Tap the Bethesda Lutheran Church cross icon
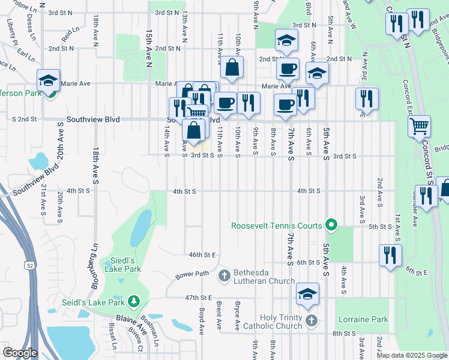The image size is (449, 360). pos(224,275)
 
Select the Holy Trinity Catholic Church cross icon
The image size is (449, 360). pos(310,321)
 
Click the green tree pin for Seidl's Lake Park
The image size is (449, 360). pos(136,300)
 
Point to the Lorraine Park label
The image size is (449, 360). pos(363,320)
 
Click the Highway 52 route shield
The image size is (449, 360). pos(29,265)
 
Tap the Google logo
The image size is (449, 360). pos(19,353)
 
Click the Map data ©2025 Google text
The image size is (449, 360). pos(412,355)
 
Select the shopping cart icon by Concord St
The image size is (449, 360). pos(420,126)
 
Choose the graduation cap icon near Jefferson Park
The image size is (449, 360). pos(49,80)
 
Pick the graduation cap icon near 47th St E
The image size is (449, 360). pos(307,293)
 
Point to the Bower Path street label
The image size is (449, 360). pos(192,275)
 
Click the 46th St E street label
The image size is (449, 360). pos(202,254)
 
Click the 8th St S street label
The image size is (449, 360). pos(345,333)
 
